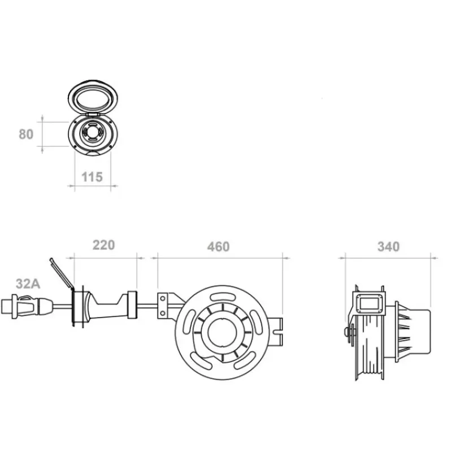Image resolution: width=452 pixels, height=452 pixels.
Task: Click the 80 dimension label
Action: (x=26, y=134)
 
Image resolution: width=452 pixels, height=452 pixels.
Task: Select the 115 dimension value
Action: (x=92, y=177)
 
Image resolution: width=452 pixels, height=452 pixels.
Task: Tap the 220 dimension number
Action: (x=104, y=245)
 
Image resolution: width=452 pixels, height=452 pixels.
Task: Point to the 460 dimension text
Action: (x=218, y=247)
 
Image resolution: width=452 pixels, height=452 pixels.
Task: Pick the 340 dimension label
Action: (x=388, y=247)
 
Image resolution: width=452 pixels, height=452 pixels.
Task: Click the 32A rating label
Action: (x=28, y=284)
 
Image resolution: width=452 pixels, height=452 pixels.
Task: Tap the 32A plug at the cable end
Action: (x=27, y=306)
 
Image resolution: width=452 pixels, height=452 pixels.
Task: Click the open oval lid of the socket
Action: (x=93, y=97)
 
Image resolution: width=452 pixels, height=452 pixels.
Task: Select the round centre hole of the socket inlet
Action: (x=93, y=133)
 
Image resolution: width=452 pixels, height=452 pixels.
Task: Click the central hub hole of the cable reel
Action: (x=222, y=332)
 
